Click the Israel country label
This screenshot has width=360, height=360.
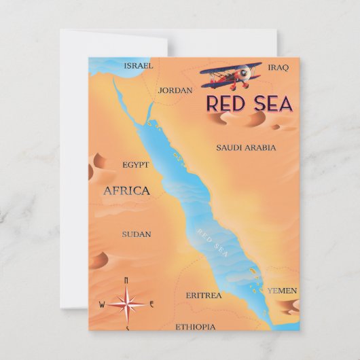click(x=138, y=66)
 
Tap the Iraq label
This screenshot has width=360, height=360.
click(x=278, y=67)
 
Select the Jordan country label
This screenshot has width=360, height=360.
click(x=175, y=90)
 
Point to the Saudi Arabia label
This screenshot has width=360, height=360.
click(x=246, y=147)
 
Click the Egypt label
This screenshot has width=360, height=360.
click(x=135, y=164)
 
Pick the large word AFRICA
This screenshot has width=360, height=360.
click(x=126, y=191)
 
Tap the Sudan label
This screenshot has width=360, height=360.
click(x=136, y=234)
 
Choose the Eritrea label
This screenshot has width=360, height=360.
click(x=203, y=295)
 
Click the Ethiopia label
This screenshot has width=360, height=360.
click(x=196, y=327)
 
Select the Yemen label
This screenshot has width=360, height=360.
click(x=281, y=291)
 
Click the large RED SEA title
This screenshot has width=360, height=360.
click(x=249, y=105)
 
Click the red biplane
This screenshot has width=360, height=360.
click(x=231, y=77)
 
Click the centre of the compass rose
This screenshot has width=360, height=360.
click(x=126, y=304)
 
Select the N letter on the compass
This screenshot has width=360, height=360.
click(x=126, y=280)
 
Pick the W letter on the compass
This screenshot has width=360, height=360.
click(x=102, y=304)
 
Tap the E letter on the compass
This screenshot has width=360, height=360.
click(x=151, y=304)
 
